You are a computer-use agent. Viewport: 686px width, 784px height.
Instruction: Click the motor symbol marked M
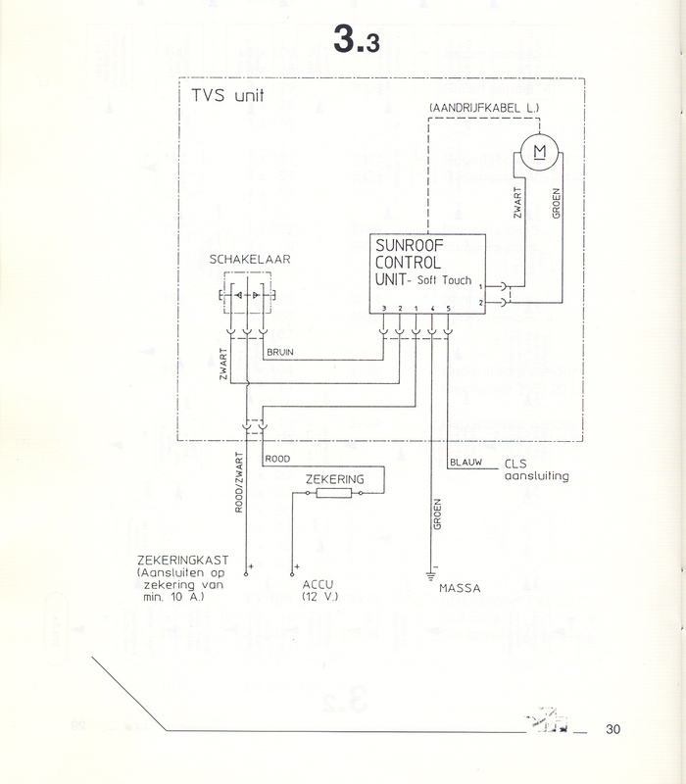537,151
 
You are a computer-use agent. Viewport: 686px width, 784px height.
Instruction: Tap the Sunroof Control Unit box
428,273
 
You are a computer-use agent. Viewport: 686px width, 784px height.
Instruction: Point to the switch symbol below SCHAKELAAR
245,294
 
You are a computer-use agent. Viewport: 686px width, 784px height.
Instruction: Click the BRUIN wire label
279,350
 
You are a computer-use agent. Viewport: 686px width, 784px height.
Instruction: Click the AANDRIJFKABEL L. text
477,106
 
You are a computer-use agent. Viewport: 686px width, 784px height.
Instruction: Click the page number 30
613,729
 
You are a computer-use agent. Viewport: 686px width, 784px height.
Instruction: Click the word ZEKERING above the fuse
333,479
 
